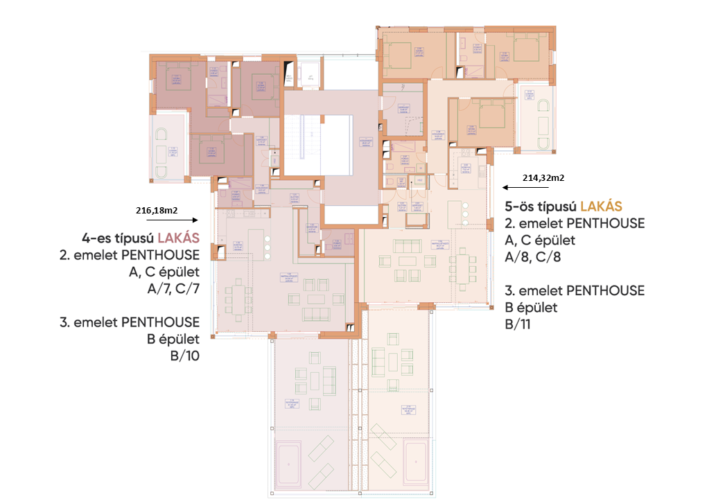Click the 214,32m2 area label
pos(543,177)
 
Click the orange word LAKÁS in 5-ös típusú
pos(601,206)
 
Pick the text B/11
pos(522,323)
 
